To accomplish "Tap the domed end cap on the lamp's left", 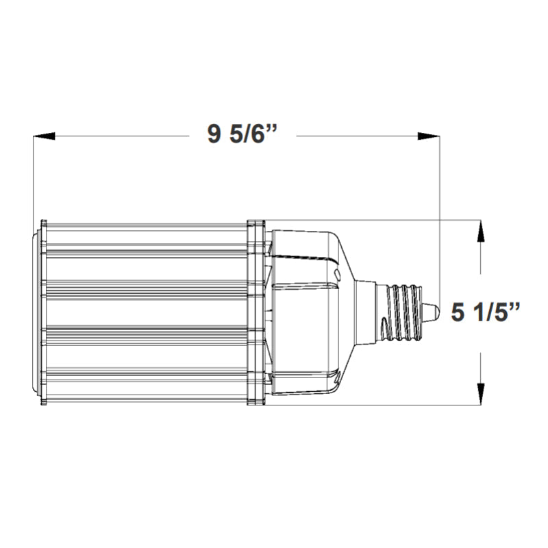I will pos(36,312).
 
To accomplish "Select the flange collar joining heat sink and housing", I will pos(256,312).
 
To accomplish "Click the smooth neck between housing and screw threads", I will pos(370,312).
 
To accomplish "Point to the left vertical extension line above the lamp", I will pos(34,178).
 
